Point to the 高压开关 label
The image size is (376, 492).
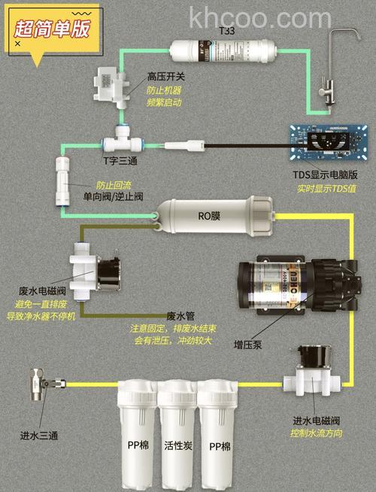point(164,77)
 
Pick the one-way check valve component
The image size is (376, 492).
point(60,183)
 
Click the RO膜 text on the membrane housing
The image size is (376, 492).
point(209,216)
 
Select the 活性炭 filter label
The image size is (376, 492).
point(177,446)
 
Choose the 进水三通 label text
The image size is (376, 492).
point(38,435)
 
